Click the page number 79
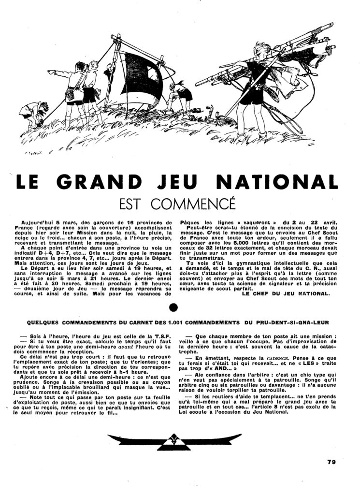(x=331, y=461)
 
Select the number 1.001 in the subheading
(x=191, y=322)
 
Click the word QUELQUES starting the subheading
(x=45, y=322)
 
